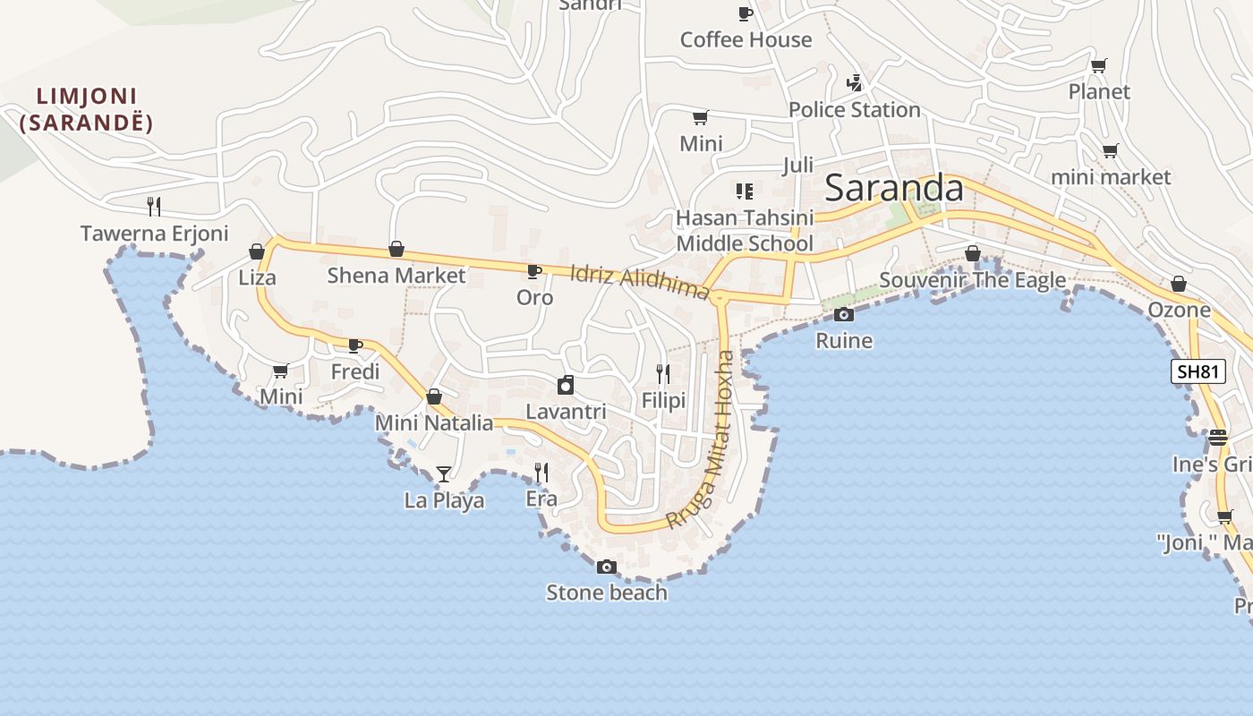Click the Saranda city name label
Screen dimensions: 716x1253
pos(893,188)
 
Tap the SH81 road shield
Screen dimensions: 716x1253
pos(1198,371)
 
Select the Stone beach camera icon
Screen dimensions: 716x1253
pos(607,567)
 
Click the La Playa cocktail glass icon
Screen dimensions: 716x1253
pos(444,473)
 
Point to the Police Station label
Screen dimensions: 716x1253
pos(854,110)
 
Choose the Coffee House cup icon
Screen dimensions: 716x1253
pos(745,13)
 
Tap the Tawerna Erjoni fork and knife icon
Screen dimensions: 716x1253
pos(154,207)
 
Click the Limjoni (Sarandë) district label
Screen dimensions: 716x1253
pos(86,109)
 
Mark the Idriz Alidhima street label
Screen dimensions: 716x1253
pos(639,281)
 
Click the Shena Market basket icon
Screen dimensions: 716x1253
pos(396,249)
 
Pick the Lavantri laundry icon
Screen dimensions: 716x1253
pos(565,385)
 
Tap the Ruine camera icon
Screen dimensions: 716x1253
pos(843,314)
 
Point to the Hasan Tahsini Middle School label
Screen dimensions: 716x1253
pos(745,231)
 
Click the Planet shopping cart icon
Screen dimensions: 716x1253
pos(1099,65)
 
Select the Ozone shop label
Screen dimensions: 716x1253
pos(1179,311)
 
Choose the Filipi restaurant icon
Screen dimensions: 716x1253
pos(663,373)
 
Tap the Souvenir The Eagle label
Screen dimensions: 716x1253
pos(972,280)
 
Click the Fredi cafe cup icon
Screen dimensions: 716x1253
pos(355,345)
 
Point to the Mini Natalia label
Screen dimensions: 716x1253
pos(434,423)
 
